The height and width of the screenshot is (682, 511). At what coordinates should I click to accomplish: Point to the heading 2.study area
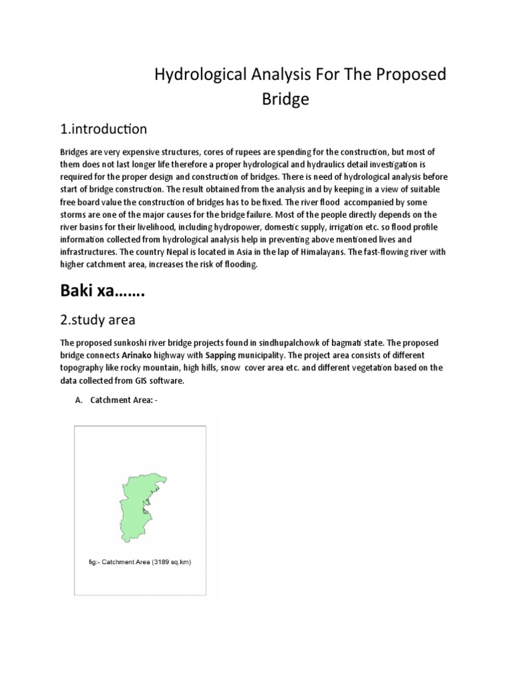coord(98,320)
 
